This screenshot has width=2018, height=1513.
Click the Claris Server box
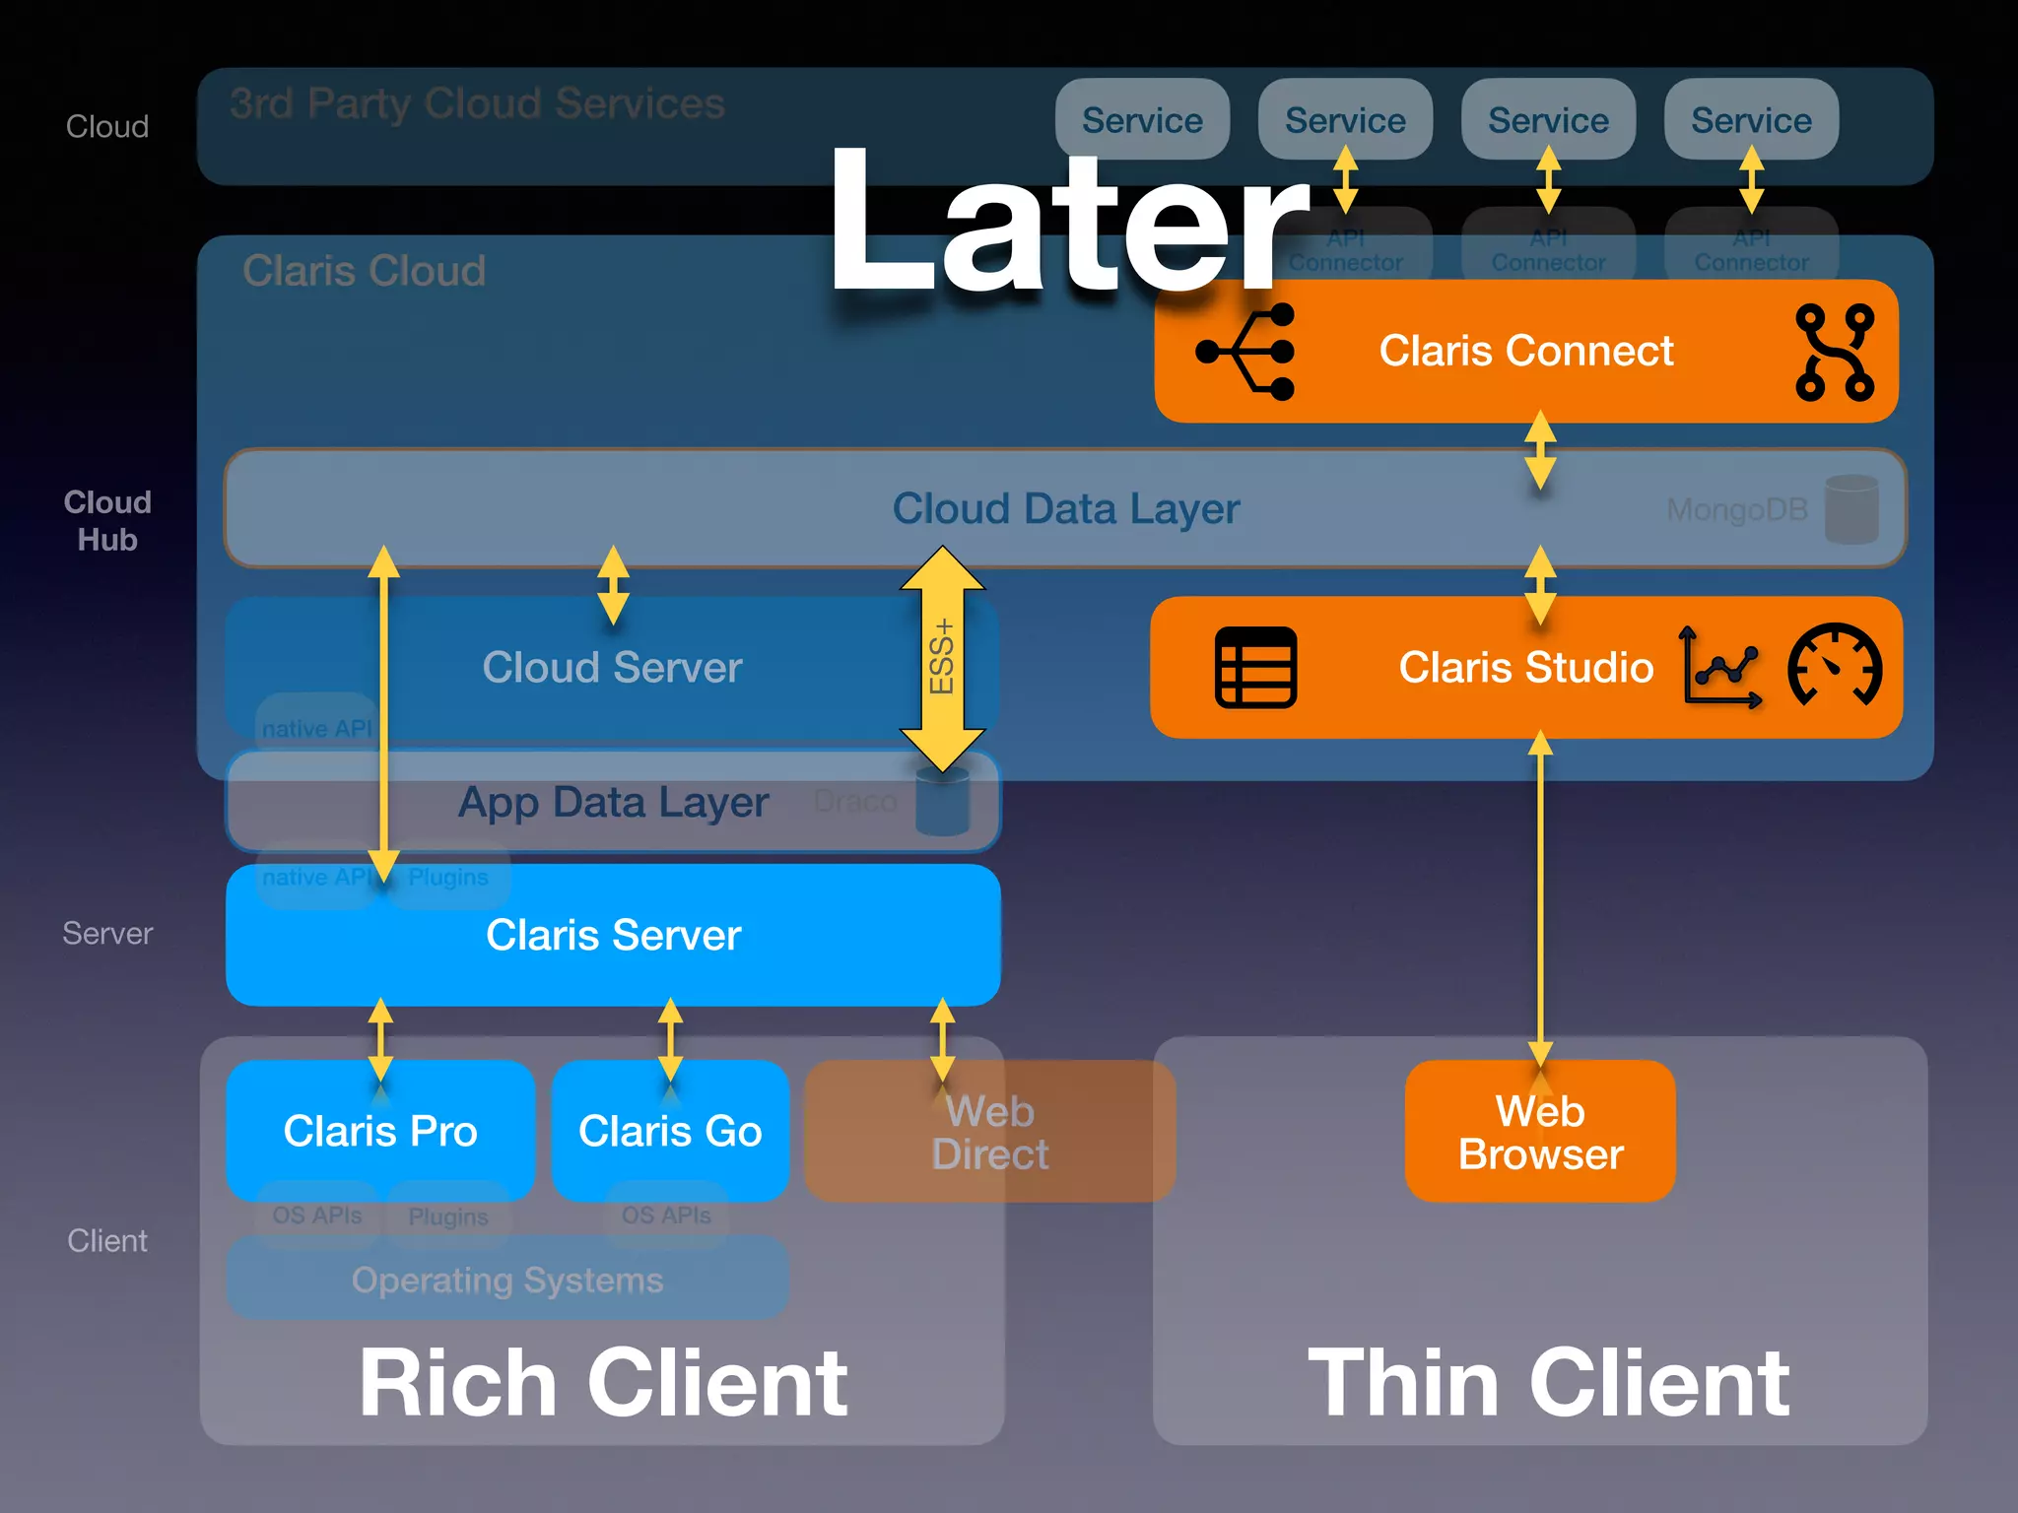coord(613,936)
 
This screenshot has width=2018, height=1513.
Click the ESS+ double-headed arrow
coord(942,658)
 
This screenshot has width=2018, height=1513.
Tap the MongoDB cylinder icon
coord(1851,509)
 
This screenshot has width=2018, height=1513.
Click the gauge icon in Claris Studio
coord(1835,666)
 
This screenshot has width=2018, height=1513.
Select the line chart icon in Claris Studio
coord(1719,668)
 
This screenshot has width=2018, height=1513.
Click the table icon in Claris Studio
coord(1256,668)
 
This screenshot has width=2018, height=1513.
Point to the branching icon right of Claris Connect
coord(1834,353)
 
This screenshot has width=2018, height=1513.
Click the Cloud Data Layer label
coord(1065,509)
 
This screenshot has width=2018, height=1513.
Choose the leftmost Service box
coord(1142,120)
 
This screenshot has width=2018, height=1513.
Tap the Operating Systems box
coord(507,1280)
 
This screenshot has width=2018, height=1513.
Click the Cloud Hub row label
coord(107,521)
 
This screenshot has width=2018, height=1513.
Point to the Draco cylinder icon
coord(942,803)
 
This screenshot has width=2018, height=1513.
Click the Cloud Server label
coord(612,668)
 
